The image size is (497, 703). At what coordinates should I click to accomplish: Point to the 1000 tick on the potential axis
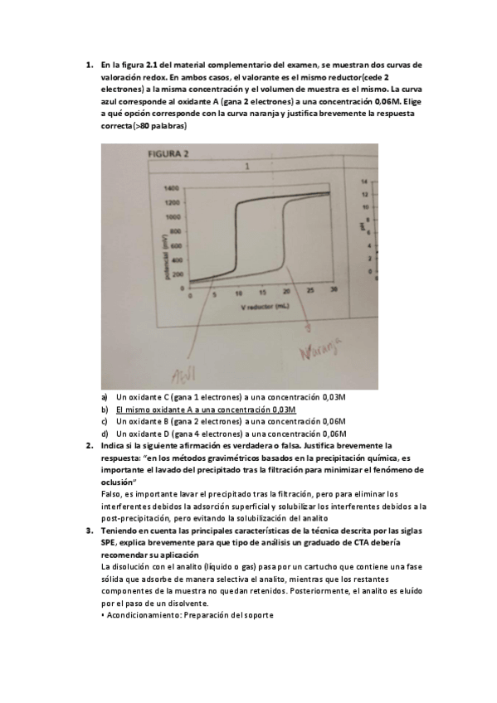click(x=173, y=216)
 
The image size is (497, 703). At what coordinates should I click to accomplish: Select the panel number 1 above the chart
click(x=247, y=166)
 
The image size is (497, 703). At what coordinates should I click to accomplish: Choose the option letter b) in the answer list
click(x=105, y=410)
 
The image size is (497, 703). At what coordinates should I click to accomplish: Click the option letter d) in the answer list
click(x=105, y=433)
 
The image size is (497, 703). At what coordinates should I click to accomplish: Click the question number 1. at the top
click(x=89, y=65)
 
